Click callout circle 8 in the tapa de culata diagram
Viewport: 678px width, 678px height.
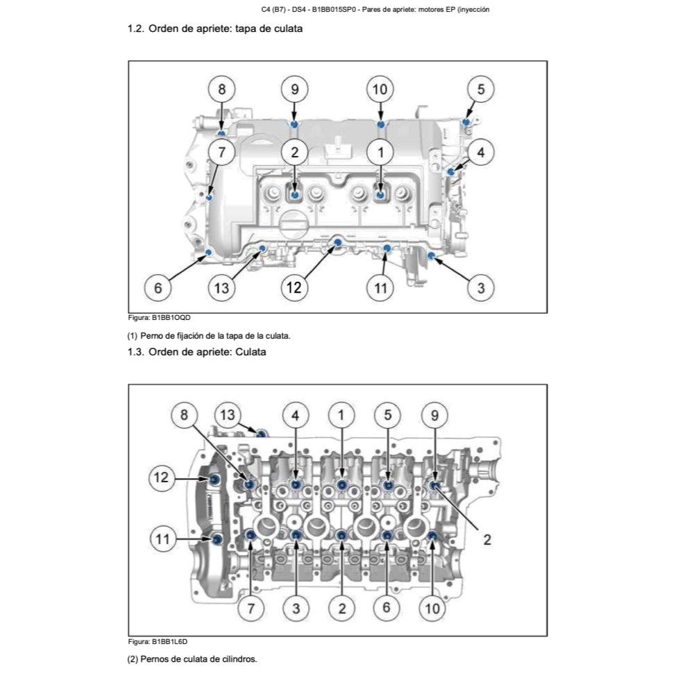(x=222, y=90)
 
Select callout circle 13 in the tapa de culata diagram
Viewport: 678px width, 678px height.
(x=221, y=287)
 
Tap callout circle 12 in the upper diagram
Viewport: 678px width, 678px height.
(x=294, y=287)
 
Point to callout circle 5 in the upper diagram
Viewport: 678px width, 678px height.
(x=480, y=90)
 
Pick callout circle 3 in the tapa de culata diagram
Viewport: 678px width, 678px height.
(x=480, y=287)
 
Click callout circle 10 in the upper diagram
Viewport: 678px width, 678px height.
(x=380, y=90)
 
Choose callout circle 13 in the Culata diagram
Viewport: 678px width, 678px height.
(x=228, y=415)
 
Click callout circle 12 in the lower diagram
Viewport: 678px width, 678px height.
(x=161, y=477)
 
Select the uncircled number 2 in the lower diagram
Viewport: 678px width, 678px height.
(x=487, y=539)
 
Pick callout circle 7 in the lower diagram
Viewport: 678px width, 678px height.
(x=251, y=609)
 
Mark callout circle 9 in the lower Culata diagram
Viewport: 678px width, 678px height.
(x=434, y=415)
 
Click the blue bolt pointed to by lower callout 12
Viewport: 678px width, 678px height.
(x=216, y=480)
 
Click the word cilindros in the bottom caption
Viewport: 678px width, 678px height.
(x=239, y=659)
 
